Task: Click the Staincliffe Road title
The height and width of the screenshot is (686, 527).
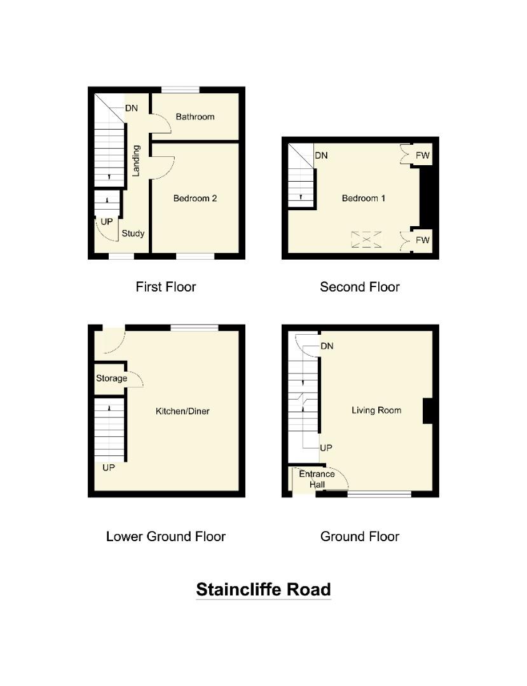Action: click(263, 589)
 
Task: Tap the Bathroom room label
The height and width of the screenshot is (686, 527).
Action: click(195, 117)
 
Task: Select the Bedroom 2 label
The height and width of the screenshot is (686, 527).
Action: click(195, 198)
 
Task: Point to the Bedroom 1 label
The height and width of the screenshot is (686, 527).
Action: click(364, 198)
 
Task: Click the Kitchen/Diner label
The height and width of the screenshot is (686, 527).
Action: click(182, 411)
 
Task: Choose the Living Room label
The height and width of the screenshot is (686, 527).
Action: click(376, 410)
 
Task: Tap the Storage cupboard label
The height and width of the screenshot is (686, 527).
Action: click(111, 379)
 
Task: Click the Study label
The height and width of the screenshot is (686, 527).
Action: click(133, 233)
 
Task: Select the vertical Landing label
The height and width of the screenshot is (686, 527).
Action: click(135, 160)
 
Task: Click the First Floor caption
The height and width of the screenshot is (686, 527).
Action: click(166, 286)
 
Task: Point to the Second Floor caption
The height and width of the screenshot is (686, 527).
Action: click(360, 286)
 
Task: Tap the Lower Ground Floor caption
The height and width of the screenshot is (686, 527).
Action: click(166, 536)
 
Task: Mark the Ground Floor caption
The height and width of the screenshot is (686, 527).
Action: click(360, 536)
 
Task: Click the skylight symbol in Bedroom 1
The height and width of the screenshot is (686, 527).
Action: click(367, 239)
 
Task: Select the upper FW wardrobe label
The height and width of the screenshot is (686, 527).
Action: click(423, 155)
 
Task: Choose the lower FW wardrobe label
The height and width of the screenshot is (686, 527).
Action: click(423, 240)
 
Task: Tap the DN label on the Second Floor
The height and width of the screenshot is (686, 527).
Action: click(321, 156)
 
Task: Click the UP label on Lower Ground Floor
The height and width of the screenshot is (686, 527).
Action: click(109, 467)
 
